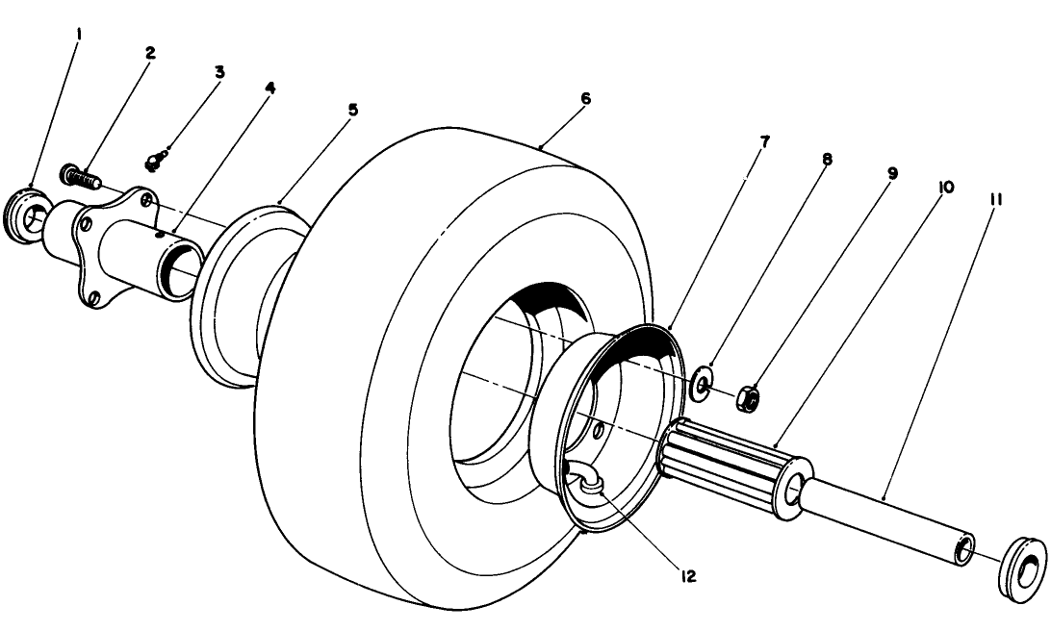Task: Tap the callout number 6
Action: click(585, 99)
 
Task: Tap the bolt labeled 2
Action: click(81, 177)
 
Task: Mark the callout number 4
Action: click(269, 88)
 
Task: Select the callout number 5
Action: click(352, 110)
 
